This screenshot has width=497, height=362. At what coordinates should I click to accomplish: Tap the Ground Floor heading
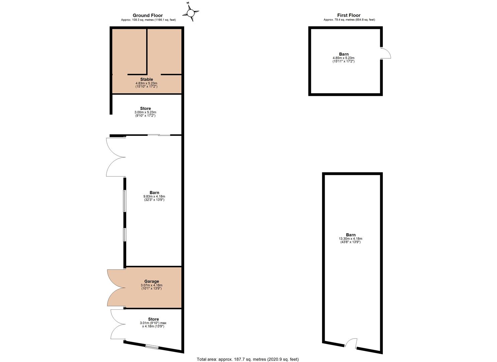(148, 15)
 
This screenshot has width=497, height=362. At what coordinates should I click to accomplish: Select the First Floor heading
(349, 15)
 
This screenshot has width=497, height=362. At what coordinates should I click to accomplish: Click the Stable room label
(147, 79)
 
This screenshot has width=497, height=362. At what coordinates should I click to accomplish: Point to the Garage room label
(152, 281)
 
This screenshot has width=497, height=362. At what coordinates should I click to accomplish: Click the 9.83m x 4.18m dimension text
(154, 196)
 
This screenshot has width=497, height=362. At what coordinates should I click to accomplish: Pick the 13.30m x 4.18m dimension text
(350, 239)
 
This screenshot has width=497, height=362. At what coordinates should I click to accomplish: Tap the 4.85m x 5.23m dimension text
(343, 58)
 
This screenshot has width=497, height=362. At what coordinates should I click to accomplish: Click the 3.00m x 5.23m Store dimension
(145, 112)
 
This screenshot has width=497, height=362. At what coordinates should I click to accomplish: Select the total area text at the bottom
(248, 359)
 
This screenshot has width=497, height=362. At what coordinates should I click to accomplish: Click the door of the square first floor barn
(386, 53)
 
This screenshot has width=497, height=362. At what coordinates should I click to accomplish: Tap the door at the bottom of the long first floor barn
(351, 343)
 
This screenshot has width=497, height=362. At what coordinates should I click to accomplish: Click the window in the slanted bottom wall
(152, 347)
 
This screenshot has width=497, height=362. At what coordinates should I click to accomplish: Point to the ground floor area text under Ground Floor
(148, 20)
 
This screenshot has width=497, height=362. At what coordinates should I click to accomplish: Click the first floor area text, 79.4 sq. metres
(349, 19)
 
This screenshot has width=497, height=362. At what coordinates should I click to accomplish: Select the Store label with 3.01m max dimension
(153, 319)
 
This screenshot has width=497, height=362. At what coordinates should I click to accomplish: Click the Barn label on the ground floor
(154, 193)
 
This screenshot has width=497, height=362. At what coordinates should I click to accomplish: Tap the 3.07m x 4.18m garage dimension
(151, 285)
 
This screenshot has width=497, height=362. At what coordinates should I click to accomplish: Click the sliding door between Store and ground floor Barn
(159, 135)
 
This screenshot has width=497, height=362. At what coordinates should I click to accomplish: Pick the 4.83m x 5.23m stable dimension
(147, 83)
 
